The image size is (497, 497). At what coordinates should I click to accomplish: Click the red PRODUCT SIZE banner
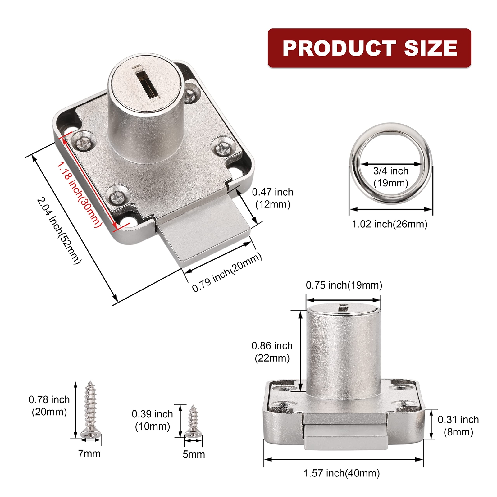[369, 48]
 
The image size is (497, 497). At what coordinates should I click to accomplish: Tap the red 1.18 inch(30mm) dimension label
[79, 194]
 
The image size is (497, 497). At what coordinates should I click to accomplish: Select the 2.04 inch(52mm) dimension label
[59, 230]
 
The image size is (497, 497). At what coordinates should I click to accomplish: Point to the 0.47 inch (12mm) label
[272, 198]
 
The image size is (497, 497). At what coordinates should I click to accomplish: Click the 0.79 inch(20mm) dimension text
[227, 272]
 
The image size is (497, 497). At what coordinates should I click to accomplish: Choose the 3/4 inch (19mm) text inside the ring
[391, 177]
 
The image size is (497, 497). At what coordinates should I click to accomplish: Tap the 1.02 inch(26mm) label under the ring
[390, 224]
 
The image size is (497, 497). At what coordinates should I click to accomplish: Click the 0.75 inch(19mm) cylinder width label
[344, 285]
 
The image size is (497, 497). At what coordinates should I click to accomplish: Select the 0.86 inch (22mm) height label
[272, 352]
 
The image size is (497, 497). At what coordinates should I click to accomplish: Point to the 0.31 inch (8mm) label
[458, 426]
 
